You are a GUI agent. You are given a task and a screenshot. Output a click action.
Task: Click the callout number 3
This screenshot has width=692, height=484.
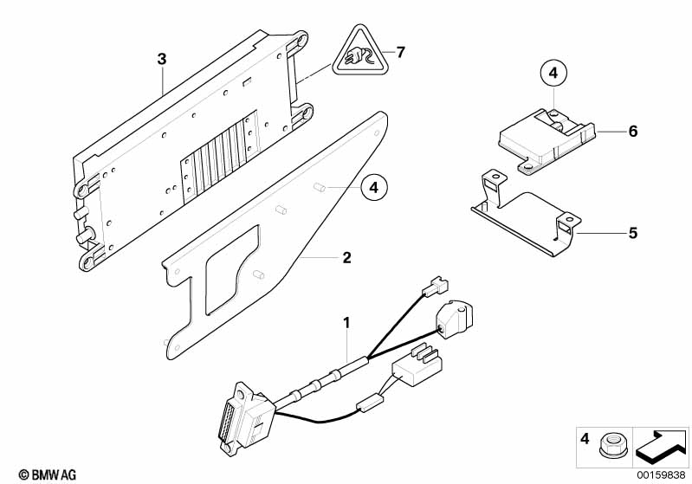162,59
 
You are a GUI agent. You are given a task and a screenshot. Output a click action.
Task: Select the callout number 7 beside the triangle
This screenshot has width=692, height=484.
400,53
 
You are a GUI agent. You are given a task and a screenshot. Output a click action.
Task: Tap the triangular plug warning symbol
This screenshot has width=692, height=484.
358,51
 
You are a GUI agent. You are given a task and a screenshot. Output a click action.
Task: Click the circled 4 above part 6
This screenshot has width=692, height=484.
553,73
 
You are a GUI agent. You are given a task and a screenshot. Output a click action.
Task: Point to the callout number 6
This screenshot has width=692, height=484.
633,131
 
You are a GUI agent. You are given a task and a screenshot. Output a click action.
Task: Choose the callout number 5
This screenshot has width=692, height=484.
633,233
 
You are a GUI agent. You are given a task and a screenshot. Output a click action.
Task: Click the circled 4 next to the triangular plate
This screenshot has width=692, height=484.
374,188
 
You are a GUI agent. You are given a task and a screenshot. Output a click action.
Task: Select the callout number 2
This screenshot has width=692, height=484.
347,258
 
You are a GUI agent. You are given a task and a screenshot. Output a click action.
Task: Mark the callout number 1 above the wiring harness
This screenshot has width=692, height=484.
347,323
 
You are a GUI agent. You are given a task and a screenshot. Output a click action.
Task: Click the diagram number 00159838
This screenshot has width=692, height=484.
661,474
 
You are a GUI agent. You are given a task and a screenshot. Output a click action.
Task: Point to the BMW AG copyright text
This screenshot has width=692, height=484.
48,474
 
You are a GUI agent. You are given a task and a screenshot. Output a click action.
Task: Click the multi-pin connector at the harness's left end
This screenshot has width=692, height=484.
245,418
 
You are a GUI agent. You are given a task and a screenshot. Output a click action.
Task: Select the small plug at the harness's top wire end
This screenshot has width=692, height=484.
435,287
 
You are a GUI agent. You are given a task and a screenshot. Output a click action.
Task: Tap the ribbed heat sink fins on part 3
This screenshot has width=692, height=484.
219,156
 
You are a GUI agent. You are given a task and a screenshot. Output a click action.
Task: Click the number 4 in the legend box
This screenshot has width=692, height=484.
585,439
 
